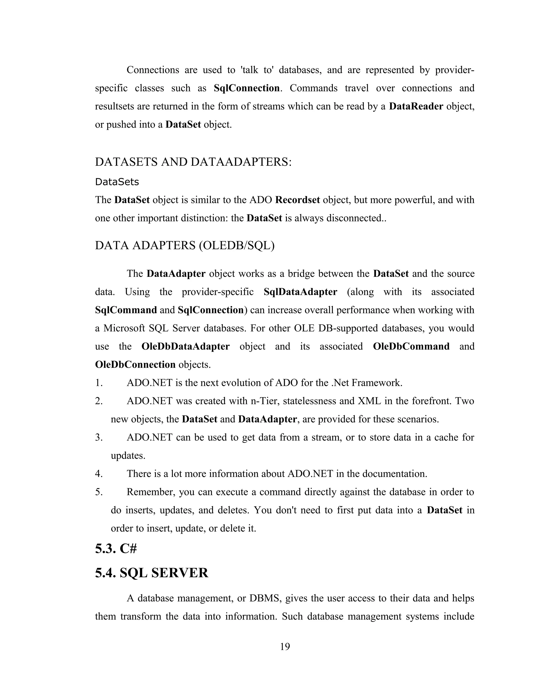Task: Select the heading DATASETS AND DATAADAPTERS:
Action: (x=193, y=162)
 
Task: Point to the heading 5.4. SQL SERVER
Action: (x=151, y=573)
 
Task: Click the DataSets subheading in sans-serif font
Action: (x=117, y=182)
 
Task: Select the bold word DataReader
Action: (x=416, y=106)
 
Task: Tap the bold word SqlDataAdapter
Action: (x=300, y=292)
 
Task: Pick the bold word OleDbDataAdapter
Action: (x=185, y=346)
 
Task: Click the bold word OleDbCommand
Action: (x=411, y=346)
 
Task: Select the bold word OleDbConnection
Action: (x=135, y=365)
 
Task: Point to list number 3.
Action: (x=99, y=438)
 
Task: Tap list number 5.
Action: (x=99, y=492)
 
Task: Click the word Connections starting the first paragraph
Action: (x=153, y=70)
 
